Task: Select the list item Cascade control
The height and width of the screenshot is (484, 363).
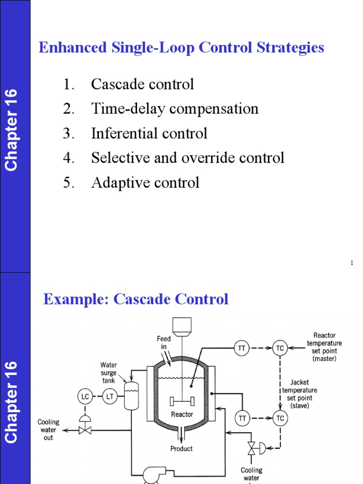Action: tap(142, 85)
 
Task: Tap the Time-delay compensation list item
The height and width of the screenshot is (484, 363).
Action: tap(174, 109)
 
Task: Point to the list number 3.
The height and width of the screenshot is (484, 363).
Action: tap(69, 134)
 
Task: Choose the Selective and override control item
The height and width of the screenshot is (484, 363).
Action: tap(188, 158)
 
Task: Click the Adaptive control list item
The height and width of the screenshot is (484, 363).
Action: tap(145, 182)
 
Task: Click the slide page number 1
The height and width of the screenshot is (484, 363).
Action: tap(352, 263)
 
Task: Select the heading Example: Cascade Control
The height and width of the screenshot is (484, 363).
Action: tap(136, 299)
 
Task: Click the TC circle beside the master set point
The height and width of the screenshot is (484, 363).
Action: tap(280, 348)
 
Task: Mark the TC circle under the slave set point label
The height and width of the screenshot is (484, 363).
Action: tap(280, 418)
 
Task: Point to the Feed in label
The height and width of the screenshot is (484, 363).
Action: tap(164, 342)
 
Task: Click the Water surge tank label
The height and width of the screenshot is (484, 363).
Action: tap(109, 372)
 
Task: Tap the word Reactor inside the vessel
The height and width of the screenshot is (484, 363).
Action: tap(181, 415)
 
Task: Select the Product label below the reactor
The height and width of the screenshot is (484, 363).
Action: tap(181, 449)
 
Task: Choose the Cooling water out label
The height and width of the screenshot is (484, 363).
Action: tap(48, 430)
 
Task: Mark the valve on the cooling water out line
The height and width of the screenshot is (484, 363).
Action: tap(86, 430)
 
